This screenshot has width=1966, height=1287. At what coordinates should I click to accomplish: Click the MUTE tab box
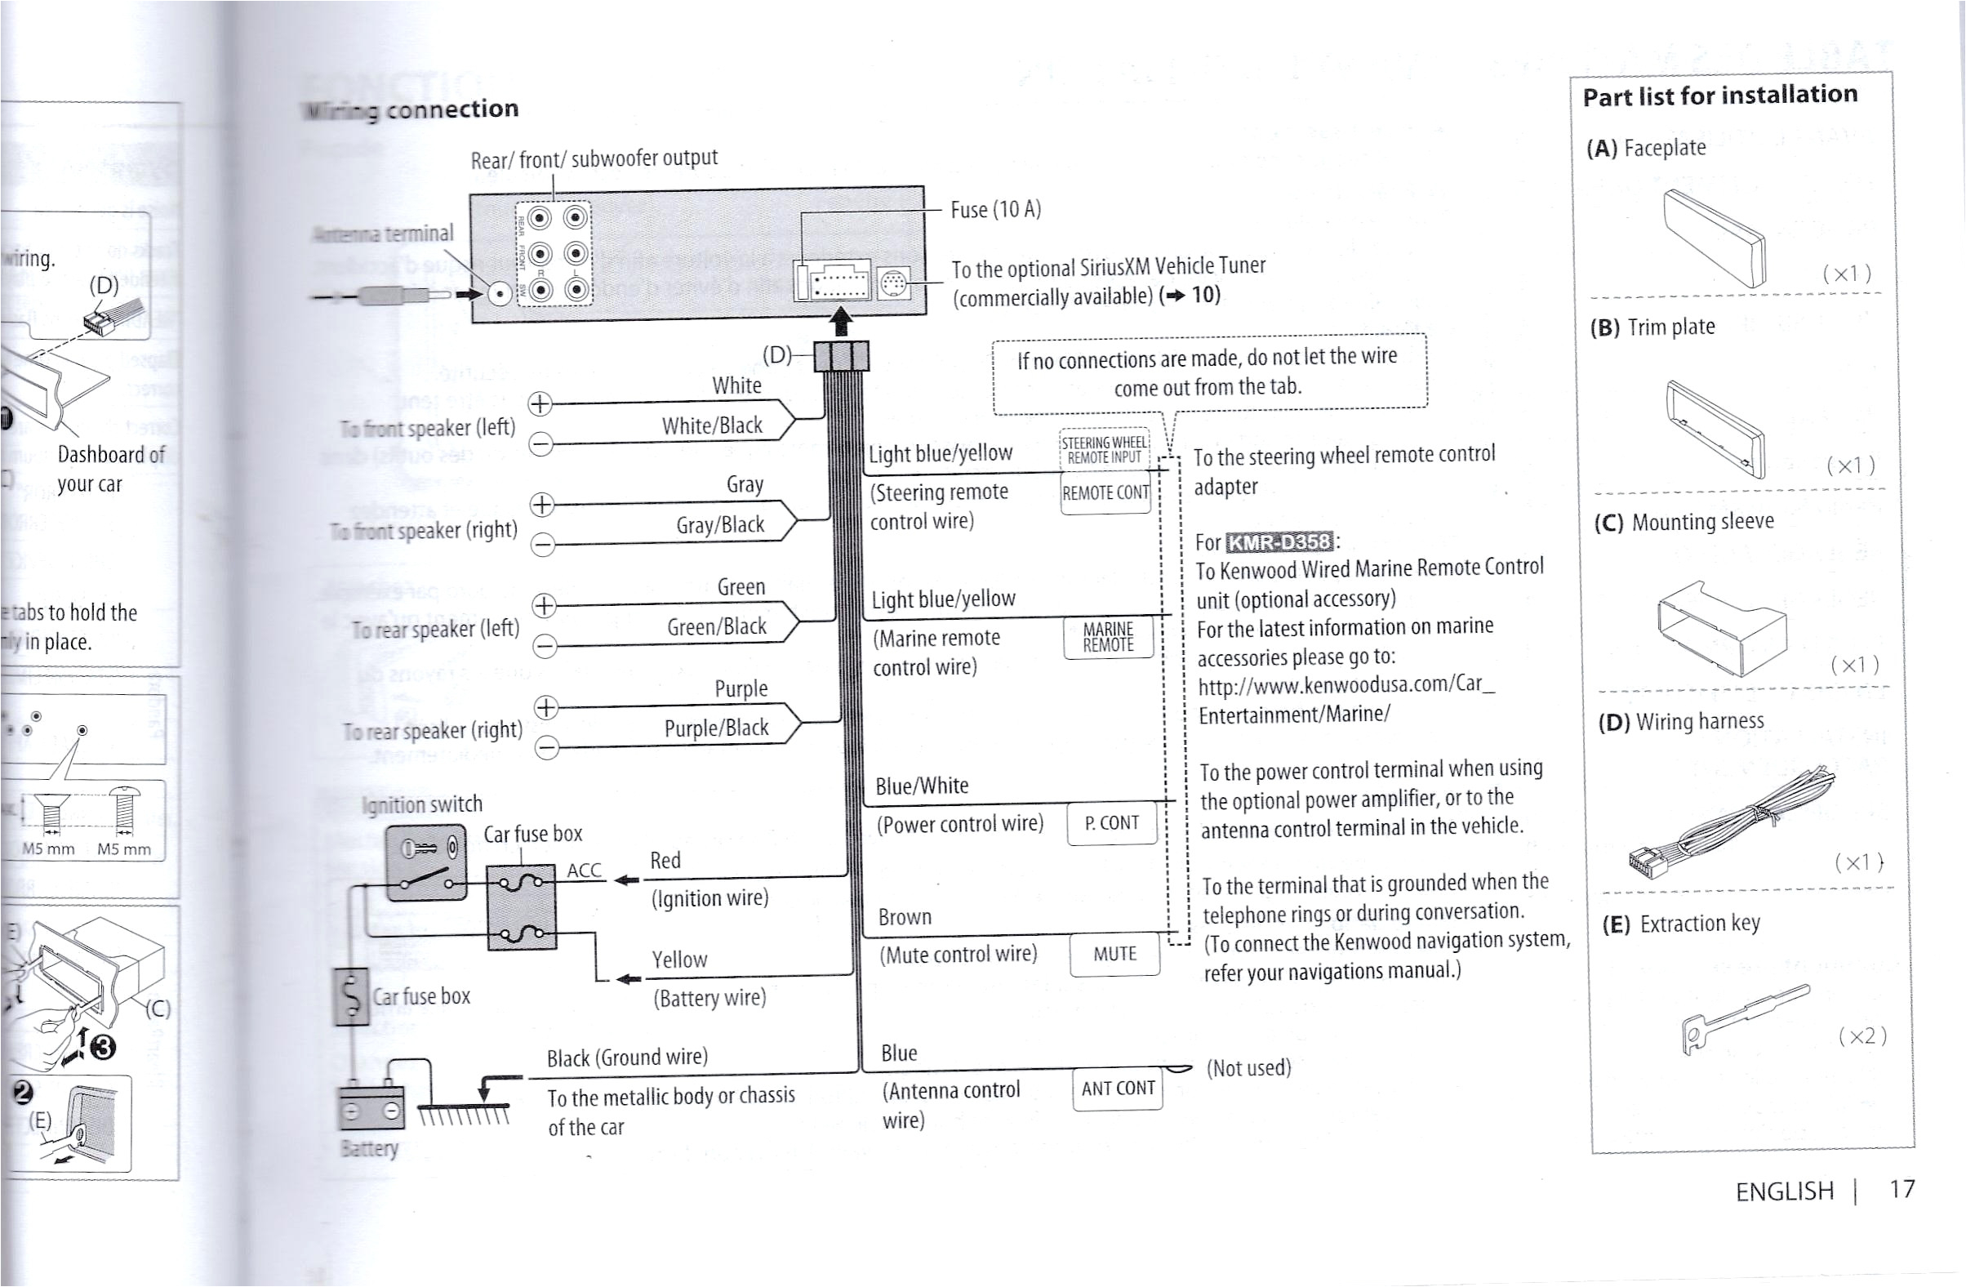pos(1114,954)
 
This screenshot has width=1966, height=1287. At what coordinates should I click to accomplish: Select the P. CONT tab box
pos(1112,823)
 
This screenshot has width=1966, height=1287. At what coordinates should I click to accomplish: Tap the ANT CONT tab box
pos(1118,1088)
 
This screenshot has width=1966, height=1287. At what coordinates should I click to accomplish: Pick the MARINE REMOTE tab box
pos(1108,637)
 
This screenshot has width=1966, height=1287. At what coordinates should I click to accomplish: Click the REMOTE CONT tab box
pos(1105,493)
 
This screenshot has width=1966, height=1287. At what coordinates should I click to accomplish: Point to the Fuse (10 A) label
pos(995,209)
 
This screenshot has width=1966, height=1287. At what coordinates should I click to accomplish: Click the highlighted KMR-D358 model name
pos(1279,542)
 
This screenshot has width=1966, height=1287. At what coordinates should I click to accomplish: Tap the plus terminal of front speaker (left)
pos(540,404)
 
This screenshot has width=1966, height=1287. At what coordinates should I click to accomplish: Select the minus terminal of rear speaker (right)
pos(547,747)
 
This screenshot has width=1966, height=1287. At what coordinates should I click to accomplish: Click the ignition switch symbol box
pos(426,862)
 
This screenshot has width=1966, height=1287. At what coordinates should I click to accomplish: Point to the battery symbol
pos(371,1107)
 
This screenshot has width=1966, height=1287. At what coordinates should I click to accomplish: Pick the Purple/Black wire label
pos(716,728)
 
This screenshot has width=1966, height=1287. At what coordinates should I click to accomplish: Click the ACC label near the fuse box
pos(584,870)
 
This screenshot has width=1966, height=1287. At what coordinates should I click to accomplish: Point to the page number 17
pos(1902,1189)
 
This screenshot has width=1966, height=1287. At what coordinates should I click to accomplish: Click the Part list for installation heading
pos(1719,96)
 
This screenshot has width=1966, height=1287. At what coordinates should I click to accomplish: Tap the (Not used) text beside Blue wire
pos(1248,1067)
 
